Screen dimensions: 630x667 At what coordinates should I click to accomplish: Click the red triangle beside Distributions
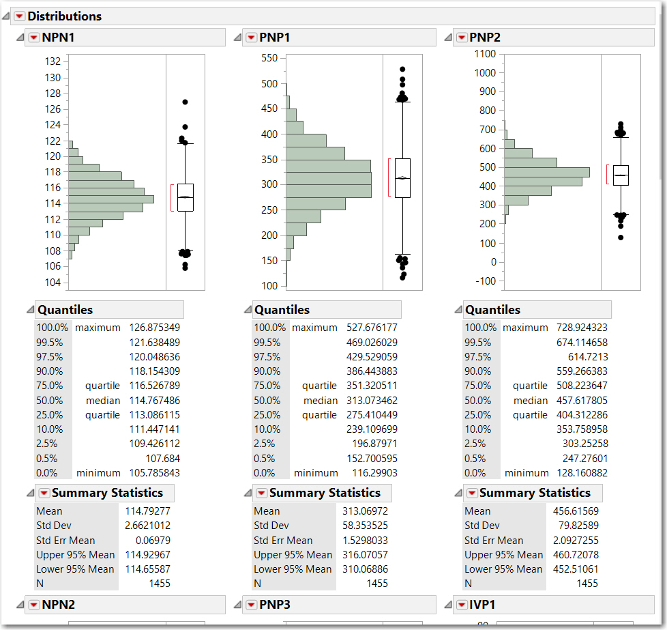pos(19,16)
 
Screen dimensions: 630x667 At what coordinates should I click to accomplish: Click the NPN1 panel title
pos(58,38)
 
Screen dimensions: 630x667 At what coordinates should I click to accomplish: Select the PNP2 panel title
pos(485,38)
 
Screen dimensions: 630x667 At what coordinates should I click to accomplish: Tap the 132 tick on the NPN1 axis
pos(53,61)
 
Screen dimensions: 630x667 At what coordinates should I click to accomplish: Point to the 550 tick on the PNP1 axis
pos(269,59)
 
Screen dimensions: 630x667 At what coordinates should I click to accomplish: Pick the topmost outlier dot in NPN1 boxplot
pos(185,102)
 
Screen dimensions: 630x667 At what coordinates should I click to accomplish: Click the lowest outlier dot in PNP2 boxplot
pos(621,238)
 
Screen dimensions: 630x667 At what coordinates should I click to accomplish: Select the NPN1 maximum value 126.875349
pos(154,328)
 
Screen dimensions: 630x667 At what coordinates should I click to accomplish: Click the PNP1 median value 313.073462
pos(372,401)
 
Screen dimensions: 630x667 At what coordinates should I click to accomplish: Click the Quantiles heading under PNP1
pos(282,310)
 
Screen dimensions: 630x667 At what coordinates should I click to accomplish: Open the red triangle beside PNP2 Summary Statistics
pos(471,493)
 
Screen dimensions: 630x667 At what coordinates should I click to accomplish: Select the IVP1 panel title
pos(482,604)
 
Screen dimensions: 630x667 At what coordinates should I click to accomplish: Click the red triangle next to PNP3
pos(251,604)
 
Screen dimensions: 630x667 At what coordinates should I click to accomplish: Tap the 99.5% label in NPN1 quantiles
pos(49,342)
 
